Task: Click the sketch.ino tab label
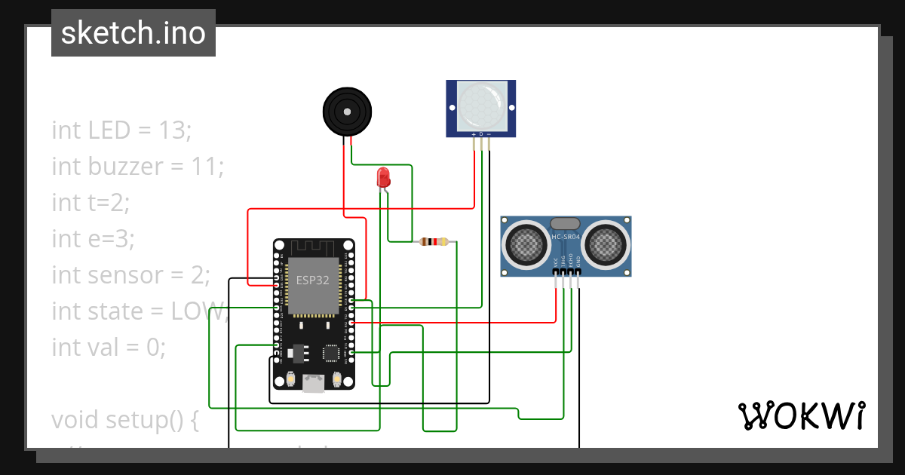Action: pos(133,33)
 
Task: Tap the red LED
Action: pos(383,178)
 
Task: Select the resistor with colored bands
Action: pos(434,242)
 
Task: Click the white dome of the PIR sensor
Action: pos(481,105)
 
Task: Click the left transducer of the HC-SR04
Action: pos(526,244)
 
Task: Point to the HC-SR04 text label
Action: pos(566,237)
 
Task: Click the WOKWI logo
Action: pos(801,415)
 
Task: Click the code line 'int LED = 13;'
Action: pos(122,130)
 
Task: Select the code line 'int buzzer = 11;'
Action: pos(138,166)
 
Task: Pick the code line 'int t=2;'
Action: pos(91,202)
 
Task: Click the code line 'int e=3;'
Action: pos(93,238)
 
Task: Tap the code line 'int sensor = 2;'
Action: pos(130,274)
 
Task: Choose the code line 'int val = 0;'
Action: pos(108,347)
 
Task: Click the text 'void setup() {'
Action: pos(125,419)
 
